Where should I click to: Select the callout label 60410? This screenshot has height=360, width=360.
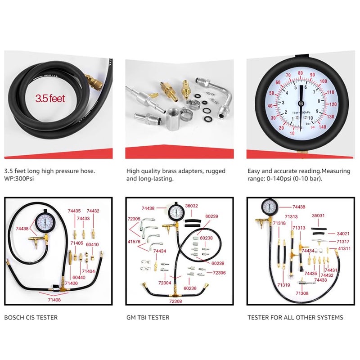click(x=92, y=244)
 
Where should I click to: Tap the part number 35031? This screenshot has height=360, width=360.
click(x=319, y=216)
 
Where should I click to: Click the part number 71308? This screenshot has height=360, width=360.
click(x=302, y=293)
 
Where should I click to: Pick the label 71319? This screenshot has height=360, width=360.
click(x=283, y=284)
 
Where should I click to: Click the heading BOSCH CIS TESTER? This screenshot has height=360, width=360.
click(x=31, y=317)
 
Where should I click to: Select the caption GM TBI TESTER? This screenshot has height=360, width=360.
click(x=148, y=317)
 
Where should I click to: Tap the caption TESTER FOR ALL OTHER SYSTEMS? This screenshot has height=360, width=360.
click(x=295, y=317)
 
